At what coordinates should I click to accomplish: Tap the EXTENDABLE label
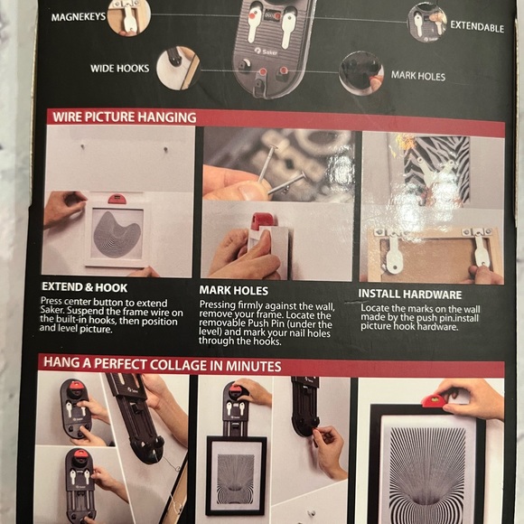(x=476, y=27)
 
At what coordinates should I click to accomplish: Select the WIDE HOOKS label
(x=119, y=68)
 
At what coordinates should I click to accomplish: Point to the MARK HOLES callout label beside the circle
(x=418, y=76)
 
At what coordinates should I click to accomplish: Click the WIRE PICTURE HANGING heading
(x=124, y=117)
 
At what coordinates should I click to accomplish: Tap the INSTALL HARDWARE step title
(x=410, y=295)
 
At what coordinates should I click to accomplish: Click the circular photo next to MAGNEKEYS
(x=129, y=16)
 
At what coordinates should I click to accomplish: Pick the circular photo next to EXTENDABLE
(x=427, y=23)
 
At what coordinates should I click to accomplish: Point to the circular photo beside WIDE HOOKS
(x=176, y=67)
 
